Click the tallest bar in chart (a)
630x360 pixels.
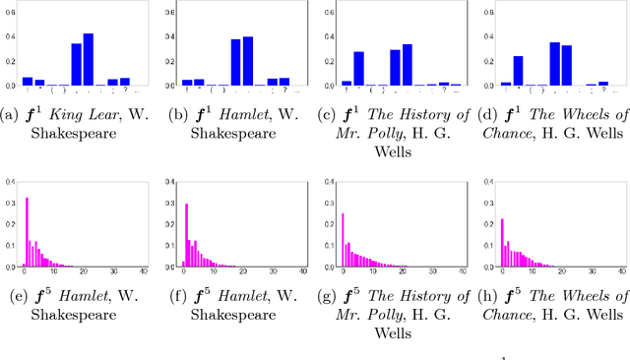(89, 60)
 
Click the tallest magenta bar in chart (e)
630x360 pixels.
(27, 232)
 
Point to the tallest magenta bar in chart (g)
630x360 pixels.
(343, 240)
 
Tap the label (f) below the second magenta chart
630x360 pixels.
(169, 296)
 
